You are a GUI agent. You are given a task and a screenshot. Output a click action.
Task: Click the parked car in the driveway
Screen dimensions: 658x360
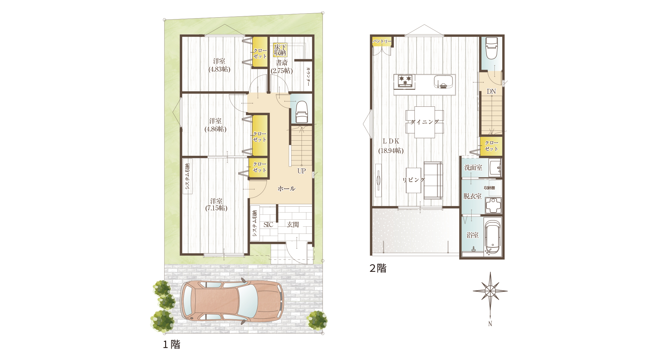point(232,301)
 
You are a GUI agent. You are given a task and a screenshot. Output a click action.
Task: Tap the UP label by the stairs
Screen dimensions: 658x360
point(302,171)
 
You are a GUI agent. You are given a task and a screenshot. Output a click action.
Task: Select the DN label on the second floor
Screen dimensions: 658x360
point(491,91)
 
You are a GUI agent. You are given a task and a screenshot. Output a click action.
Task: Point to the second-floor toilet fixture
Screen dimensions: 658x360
point(492,48)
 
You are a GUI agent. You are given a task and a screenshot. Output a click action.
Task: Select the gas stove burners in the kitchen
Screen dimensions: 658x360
point(405,81)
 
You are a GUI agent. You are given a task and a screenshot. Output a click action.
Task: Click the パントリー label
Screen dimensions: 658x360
point(382,41)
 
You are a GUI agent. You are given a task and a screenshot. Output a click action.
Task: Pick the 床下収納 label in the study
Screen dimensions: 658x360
point(280,50)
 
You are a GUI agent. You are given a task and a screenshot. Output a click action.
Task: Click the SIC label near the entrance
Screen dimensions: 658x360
point(268,225)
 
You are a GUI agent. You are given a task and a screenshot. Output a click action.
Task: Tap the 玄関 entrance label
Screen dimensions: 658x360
point(293,225)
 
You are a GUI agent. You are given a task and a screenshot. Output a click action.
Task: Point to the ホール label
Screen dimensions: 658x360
point(286,188)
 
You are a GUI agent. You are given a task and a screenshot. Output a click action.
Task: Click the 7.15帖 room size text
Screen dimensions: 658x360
point(216,208)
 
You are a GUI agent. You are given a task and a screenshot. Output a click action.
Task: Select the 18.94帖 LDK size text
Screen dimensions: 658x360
point(391,151)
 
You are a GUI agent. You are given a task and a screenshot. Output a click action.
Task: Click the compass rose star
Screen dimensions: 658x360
point(490,291)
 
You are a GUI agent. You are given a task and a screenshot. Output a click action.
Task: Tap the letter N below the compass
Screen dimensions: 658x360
point(490,324)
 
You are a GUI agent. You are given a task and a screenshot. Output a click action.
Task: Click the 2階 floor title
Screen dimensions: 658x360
point(378,268)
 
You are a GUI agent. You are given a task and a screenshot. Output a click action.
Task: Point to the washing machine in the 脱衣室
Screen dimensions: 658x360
point(493,205)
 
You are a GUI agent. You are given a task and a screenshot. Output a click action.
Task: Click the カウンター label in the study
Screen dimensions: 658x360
point(308,77)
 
